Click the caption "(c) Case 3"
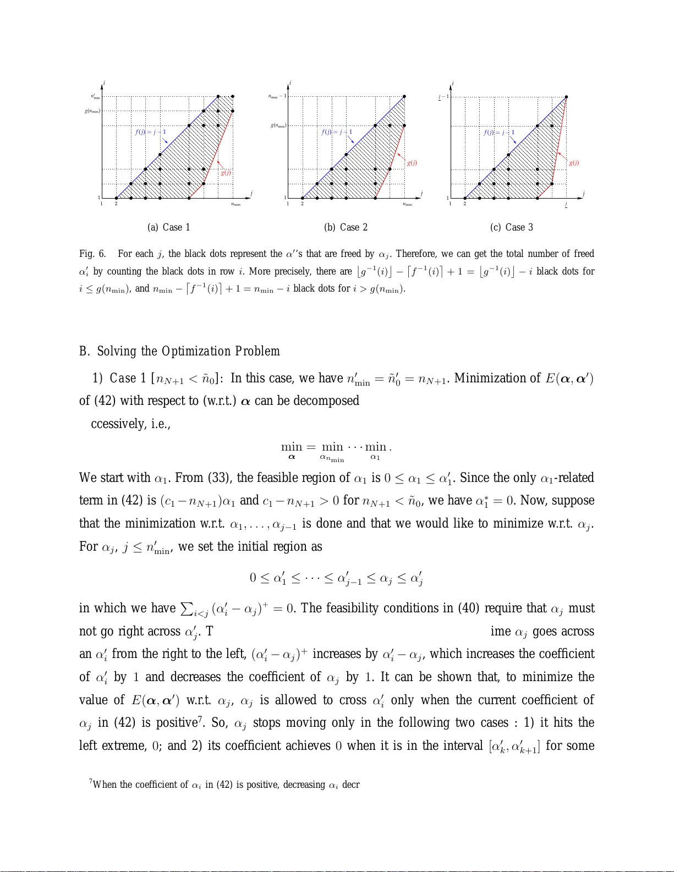point(511,227)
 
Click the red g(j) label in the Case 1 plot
point(226,172)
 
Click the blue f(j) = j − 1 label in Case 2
point(337,132)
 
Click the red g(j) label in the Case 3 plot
point(573,163)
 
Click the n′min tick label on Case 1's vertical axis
point(96,96)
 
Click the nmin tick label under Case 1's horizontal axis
point(235,205)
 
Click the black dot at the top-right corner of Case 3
point(566,97)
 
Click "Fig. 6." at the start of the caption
point(92,254)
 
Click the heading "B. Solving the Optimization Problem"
point(180,351)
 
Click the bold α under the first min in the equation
point(292,457)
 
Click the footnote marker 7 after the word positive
point(200,718)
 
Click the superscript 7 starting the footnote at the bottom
point(91,781)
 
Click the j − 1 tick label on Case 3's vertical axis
point(443,97)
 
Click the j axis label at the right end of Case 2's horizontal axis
point(421,193)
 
